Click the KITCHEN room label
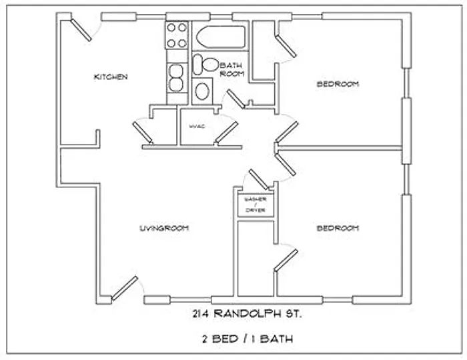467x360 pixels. pos(110,77)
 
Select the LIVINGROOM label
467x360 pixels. pos(164,228)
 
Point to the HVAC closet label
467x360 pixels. pos(195,126)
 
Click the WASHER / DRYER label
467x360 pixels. pos(255,205)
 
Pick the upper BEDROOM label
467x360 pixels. pos(338,84)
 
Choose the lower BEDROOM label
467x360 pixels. pos(338,228)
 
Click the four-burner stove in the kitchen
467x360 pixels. pos(177,35)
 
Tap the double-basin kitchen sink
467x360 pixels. pos(177,79)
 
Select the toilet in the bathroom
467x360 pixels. pos(207,65)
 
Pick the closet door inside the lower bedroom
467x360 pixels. pos(284,259)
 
